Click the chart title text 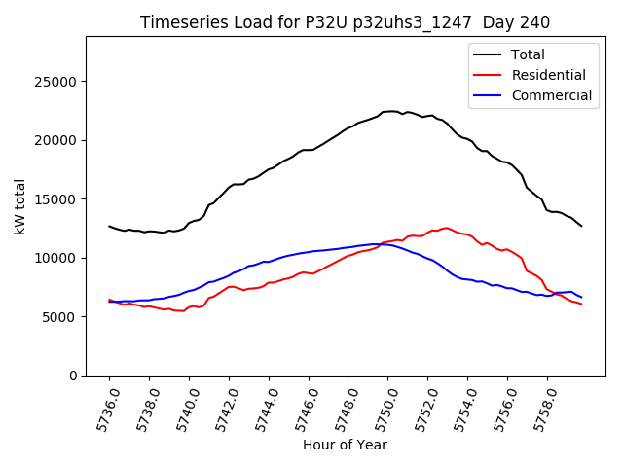click(345, 21)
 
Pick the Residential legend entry click(549, 75)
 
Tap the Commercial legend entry click(551, 95)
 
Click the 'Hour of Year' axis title click(345, 445)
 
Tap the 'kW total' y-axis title click(19, 206)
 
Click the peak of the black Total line click(391, 111)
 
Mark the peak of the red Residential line click(446, 228)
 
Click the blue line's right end click(581, 297)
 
